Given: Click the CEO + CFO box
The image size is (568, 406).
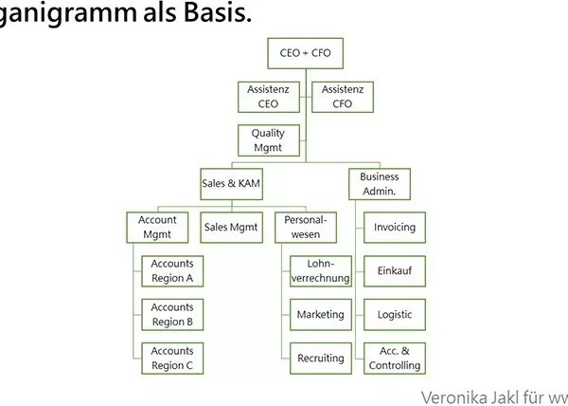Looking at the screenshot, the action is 306,53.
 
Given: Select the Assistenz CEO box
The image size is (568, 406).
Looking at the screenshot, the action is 269,97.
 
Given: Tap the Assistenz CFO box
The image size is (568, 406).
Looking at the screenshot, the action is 343,97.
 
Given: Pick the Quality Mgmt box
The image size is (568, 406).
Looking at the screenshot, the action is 269,140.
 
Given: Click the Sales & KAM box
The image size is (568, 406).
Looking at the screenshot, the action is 232,184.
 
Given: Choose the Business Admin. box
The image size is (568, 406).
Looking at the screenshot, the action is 380,184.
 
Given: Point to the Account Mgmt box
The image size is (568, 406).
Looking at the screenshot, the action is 157,228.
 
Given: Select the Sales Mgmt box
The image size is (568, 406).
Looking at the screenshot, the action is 232,228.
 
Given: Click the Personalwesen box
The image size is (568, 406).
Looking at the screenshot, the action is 306,228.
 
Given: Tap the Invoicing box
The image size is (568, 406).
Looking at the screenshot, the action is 395,228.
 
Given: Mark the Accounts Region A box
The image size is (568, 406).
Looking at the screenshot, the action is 172,271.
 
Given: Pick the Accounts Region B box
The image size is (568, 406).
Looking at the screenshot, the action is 172,315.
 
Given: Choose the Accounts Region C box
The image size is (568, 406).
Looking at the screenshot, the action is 172,359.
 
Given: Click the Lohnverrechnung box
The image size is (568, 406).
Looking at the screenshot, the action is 321,271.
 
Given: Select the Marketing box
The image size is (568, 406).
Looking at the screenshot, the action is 321,315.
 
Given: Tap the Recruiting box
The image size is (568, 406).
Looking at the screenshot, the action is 321,359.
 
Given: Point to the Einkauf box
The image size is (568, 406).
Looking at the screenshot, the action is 395,271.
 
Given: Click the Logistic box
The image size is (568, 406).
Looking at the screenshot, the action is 395,315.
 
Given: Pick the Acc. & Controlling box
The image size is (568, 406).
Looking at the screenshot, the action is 395,359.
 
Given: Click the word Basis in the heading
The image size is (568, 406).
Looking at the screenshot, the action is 218,12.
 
